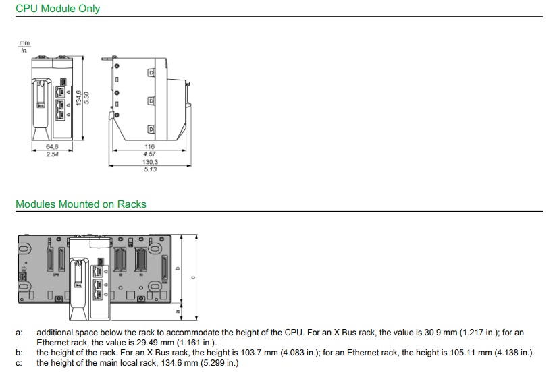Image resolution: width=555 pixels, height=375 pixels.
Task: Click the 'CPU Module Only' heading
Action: [x=57, y=9]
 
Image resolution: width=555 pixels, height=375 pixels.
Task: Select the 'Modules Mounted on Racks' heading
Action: [x=80, y=204]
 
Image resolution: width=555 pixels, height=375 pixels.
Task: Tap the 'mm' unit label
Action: [x=25, y=44]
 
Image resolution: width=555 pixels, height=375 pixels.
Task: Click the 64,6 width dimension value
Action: [x=52, y=147]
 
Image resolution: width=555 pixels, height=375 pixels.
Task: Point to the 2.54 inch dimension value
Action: [x=52, y=154]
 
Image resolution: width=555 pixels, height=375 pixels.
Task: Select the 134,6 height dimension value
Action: [x=78, y=98]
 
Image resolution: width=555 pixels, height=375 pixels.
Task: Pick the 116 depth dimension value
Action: [x=149, y=147]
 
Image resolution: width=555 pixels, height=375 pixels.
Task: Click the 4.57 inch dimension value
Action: [x=149, y=154]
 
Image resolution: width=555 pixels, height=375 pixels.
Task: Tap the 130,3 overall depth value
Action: [x=149, y=162]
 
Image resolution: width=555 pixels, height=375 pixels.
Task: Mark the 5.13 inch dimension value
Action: [x=149, y=169]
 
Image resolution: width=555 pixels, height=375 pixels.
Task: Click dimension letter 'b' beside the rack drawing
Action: [x=178, y=268]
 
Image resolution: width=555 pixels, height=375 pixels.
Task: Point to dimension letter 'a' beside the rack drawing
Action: [x=178, y=311]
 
